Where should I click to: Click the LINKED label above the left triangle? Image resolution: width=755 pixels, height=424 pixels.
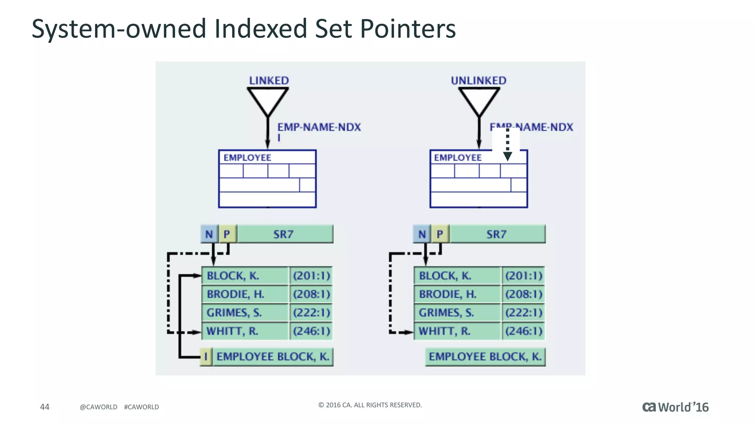(269, 81)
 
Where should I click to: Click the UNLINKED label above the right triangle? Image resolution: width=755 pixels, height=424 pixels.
(479, 81)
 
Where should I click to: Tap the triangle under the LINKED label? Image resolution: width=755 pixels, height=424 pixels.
(268, 99)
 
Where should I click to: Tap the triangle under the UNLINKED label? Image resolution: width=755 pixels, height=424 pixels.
(479, 99)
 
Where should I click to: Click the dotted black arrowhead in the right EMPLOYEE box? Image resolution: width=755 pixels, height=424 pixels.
(508, 156)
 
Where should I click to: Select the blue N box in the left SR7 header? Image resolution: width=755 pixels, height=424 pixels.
(209, 234)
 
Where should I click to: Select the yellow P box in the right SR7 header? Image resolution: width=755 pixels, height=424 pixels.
(440, 234)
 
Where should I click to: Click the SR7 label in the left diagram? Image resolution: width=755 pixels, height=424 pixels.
(283, 234)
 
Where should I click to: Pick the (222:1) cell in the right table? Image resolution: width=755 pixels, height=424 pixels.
(523, 312)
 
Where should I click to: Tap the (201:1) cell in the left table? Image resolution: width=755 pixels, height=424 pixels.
(311, 276)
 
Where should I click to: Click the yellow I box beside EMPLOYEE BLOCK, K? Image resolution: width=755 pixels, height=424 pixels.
(206, 357)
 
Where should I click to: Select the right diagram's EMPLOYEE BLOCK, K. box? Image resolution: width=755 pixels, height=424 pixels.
(485, 357)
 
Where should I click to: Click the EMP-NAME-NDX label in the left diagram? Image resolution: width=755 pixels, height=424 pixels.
(319, 127)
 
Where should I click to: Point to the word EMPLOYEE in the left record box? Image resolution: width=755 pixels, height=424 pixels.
(247, 158)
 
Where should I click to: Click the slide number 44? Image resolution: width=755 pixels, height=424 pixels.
(45, 407)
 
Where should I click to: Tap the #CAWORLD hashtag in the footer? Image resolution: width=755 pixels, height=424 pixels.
(142, 407)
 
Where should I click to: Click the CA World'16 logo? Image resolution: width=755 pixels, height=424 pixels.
(675, 407)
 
